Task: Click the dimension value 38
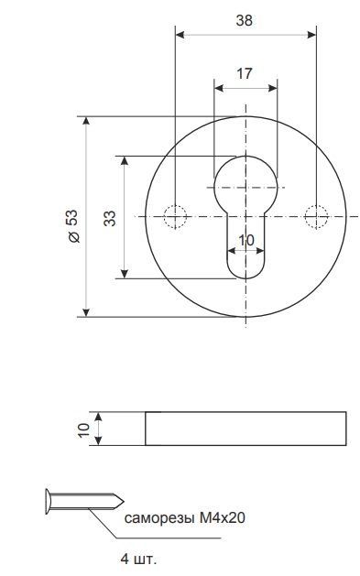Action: click(244, 20)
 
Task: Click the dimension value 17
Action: click(245, 74)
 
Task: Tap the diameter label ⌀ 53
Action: click(72, 226)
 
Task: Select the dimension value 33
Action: click(110, 218)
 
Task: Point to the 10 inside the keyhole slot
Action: click(245, 241)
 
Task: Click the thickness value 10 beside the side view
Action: click(84, 430)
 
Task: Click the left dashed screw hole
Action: click(175, 217)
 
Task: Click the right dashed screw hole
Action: click(316, 217)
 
